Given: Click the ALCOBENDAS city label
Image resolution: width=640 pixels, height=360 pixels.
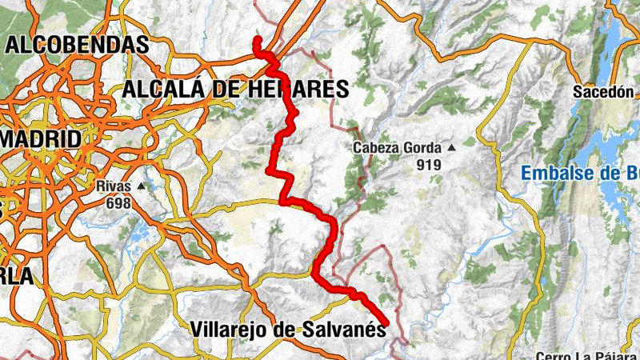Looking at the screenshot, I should pos(77,45).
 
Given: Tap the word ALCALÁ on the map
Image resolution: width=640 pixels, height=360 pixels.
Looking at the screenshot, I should pos(164,89).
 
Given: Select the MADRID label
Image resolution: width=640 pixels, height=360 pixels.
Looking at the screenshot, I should pos(41,138).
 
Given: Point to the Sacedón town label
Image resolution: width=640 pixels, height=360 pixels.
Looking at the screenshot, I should pos(602,92).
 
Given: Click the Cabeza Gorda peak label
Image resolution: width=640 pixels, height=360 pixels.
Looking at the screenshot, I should pos(398,148).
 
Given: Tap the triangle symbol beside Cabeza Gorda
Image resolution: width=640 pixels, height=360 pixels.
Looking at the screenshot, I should pos(451,148).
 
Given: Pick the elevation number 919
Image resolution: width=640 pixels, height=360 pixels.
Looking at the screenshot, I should pos(428,165).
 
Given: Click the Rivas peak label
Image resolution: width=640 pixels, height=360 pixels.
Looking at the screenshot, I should pos(112,186).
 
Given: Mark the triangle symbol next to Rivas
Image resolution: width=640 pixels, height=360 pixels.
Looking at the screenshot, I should pos(142,186).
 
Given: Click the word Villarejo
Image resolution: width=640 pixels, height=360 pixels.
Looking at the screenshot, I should pos(229,328).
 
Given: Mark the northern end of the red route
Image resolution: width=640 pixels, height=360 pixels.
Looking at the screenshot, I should pos(258,39).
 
